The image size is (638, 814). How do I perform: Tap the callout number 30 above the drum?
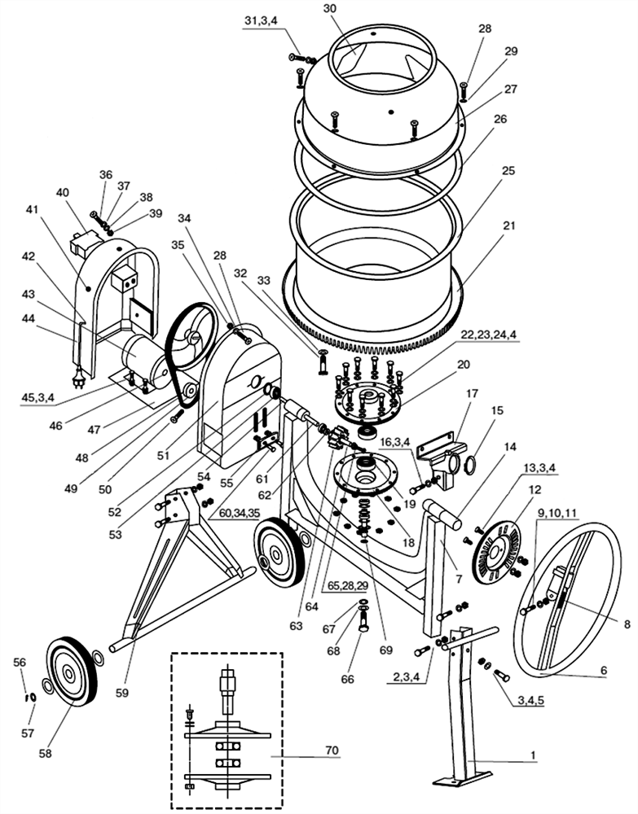[x=330, y=8]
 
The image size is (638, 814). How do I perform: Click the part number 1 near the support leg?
[x=533, y=755]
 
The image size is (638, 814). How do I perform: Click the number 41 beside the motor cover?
[x=32, y=209]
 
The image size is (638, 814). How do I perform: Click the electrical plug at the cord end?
[x=78, y=379]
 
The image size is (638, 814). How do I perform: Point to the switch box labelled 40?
[x=82, y=243]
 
